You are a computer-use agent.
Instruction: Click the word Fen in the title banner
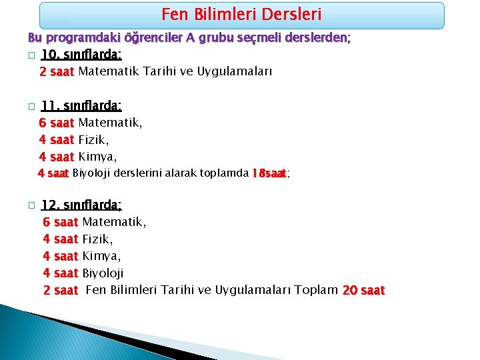[x=174, y=14]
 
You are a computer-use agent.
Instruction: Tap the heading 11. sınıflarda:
[x=81, y=105]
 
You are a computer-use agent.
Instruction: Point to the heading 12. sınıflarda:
[x=81, y=205]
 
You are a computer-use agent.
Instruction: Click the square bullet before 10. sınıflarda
[x=31, y=55]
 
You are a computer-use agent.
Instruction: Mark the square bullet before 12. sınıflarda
[x=31, y=206]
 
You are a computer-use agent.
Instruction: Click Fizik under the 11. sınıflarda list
[x=93, y=140]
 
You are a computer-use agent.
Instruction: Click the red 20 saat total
[x=363, y=290]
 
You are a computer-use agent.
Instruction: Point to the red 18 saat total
[x=269, y=173]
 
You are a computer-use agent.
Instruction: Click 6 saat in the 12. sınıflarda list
[x=60, y=221]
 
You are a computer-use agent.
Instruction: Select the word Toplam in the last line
[x=315, y=290]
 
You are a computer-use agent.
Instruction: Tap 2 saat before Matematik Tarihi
[x=57, y=71]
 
